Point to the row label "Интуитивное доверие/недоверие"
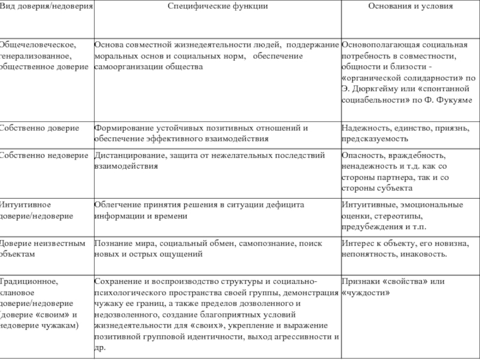(36, 210)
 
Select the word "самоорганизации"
(126, 67)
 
